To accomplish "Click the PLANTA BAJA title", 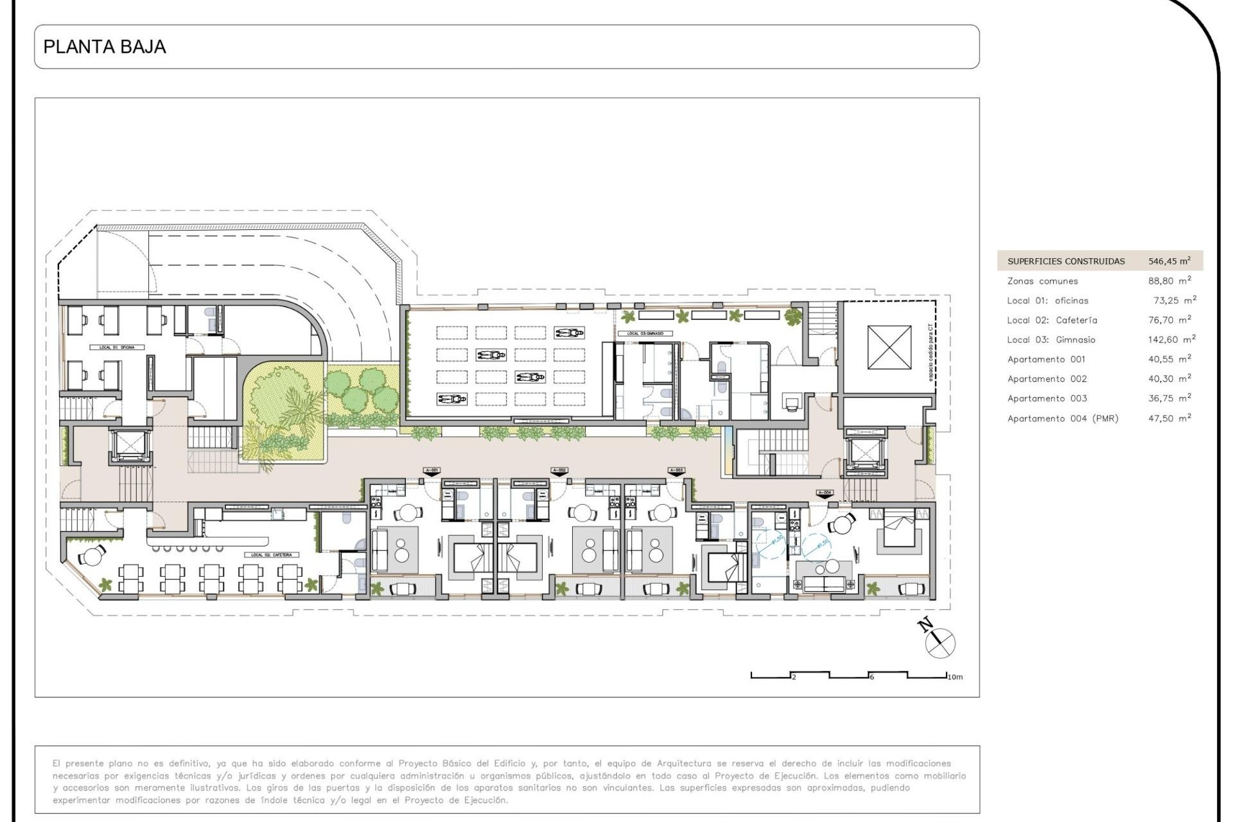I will [104, 47].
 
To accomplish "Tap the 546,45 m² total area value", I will [1169, 261].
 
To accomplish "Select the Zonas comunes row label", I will [1042, 281].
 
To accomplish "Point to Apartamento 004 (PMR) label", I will [1063, 419].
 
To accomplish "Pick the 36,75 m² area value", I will [1169, 399].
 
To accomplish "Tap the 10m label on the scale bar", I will [955, 677].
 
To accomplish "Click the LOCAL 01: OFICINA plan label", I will [117, 347].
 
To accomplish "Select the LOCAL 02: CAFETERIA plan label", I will [271, 555].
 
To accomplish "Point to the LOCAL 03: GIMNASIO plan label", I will [645, 334].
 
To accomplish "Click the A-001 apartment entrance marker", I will [432, 471].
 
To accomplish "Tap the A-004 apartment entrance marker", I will [825, 493].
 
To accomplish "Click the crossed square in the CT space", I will [889, 347].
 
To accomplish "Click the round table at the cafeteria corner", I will [93, 557].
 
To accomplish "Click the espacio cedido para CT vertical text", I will [931, 353].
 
